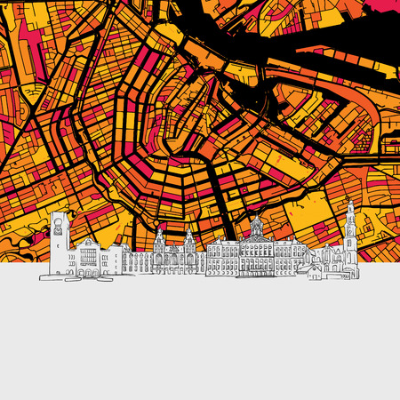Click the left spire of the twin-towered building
pyautogui.click(x=159, y=234)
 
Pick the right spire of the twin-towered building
pyautogui.click(x=189, y=234)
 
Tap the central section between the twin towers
pyautogui.click(x=174, y=258)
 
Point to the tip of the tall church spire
pyautogui.click(x=350, y=203)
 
